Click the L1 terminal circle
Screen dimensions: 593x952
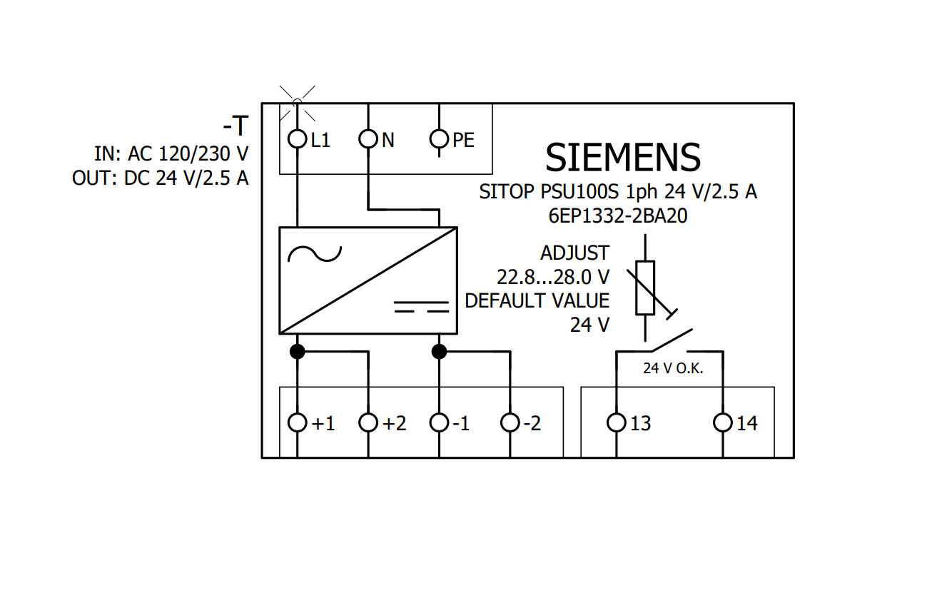pyautogui.click(x=297, y=139)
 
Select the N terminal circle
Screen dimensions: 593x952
pyautogui.click(x=368, y=139)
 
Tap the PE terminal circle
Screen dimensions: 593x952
pyautogui.click(x=439, y=139)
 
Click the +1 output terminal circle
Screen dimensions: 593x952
pyautogui.click(x=297, y=423)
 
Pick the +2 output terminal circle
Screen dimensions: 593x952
pyautogui.click(x=368, y=423)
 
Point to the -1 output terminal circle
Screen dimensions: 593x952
pyautogui.click(x=439, y=423)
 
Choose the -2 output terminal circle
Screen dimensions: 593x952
pyautogui.click(x=510, y=423)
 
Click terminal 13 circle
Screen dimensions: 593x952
pyautogui.click(x=617, y=423)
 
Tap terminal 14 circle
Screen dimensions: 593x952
pyautogui.click(x=723, y=423)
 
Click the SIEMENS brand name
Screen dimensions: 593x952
pyautogui.click(x=622, y=158)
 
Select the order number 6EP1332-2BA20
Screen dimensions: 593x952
pyautogui.click(x=618, y=216)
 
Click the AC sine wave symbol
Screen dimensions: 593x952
pyautogui.click(x=315, y=254)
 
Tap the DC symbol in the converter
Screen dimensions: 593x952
pyautogui.click(x=421, y=307)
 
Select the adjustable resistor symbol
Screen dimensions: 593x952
pyautogui.click(x=645, y=288)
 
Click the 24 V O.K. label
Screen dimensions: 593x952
pyautogui.click(x=673, y=368)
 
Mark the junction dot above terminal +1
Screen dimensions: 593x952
pyautogui.click(x=297, y=351)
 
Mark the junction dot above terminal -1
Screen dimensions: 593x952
pyautogui.click(x=439, y=351)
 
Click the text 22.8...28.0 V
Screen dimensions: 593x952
pyautogui.click(x=553, y=277)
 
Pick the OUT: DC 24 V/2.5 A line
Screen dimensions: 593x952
pyautogui.click(x=161, y=178)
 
